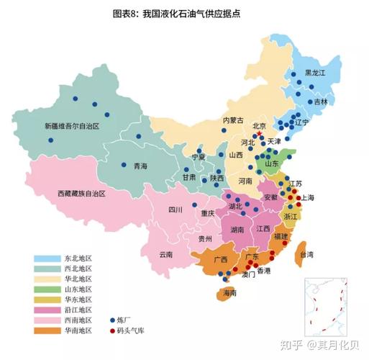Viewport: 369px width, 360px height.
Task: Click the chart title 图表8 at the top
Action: tap(184, 12)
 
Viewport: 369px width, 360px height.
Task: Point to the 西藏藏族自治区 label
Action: tap(81, 194)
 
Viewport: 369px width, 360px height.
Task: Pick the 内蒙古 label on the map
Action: tap(233, 120)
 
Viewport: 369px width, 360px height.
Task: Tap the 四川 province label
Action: tap(175, 210)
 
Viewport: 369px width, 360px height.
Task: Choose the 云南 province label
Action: tap(166, 255)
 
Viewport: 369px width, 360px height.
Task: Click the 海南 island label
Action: tap(229, 293)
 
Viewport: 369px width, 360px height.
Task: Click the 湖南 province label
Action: tap(237, 230)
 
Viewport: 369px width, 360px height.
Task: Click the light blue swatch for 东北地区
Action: tap(48, 258)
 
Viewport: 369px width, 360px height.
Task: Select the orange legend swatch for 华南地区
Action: tap(48, 330)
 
